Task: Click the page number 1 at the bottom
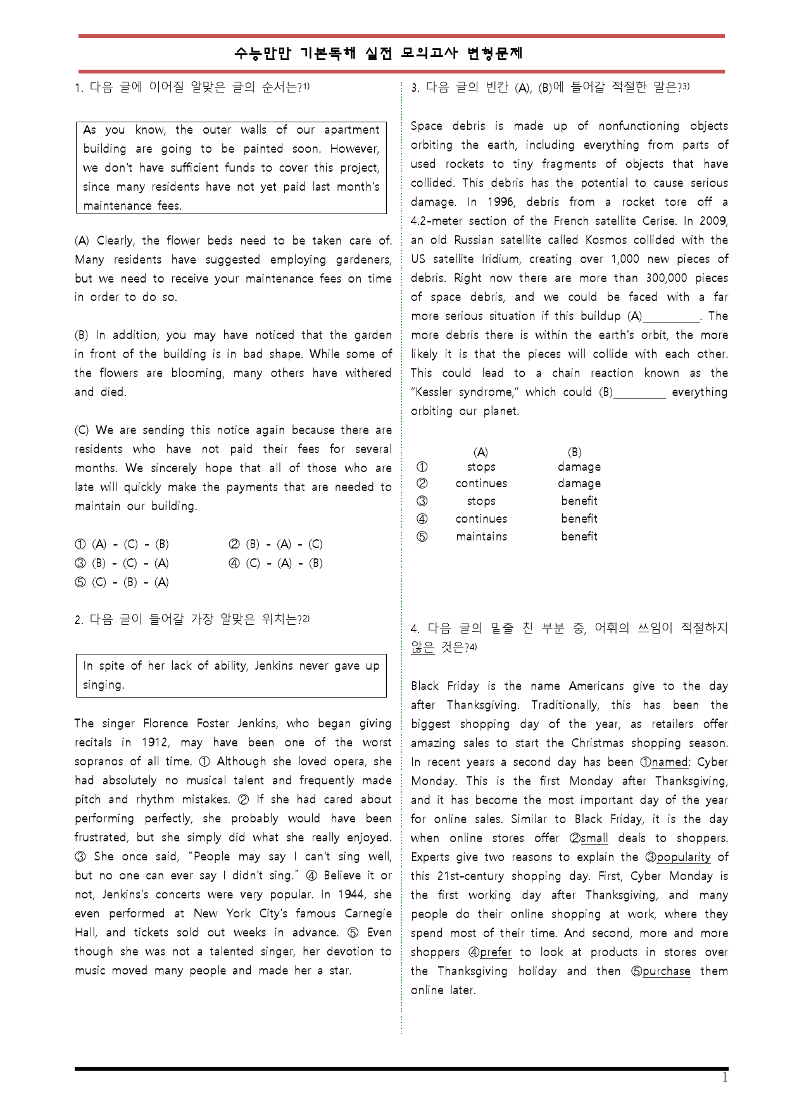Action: click(x=725, y=1078)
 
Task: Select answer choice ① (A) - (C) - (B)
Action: click(x=122, y=544)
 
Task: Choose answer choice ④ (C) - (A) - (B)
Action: click(x=275, y=563)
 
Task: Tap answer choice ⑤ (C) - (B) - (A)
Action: click(x=122, y=582)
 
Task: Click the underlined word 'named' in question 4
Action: click(x=669, y=762)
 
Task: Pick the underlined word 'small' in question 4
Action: click(x=594, y=838)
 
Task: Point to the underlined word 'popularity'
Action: click(x=683, y=857)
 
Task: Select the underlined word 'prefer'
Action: click(x=496, y=952)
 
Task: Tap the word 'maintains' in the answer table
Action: click(x=481, y=537)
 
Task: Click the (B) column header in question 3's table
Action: click(x=574, y=452)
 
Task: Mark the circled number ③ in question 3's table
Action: click(x=422, y=501)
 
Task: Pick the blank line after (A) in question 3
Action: click(x=671, y=317)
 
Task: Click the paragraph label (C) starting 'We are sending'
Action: click(x=82, y=430)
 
